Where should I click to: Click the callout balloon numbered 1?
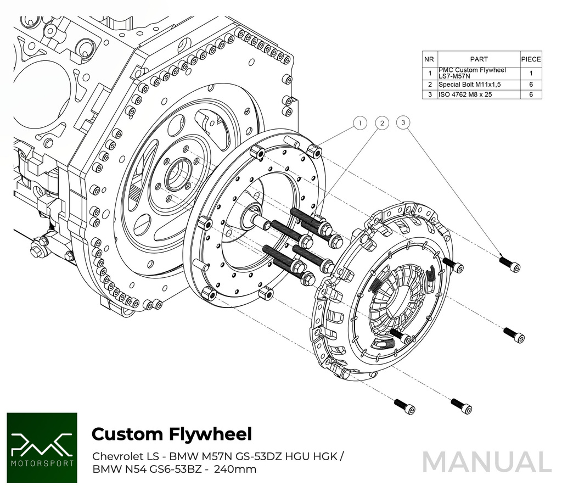(359, 124)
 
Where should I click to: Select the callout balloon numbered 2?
(381, 124)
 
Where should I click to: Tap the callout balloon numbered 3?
(403, 123)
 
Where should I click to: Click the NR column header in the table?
(430, 59)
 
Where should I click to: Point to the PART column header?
(479, 59)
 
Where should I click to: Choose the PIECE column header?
(531, 59)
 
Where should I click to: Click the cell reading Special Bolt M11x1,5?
(469, 85)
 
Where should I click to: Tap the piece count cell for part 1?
(531, 72)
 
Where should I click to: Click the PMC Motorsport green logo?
(42, 448)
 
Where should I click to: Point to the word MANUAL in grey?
(487, 462)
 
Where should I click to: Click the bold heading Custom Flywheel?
(171, 434)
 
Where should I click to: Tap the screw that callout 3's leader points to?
(510, 265)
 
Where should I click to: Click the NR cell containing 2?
(430, 85)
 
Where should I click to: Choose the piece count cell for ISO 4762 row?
(531, 94)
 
